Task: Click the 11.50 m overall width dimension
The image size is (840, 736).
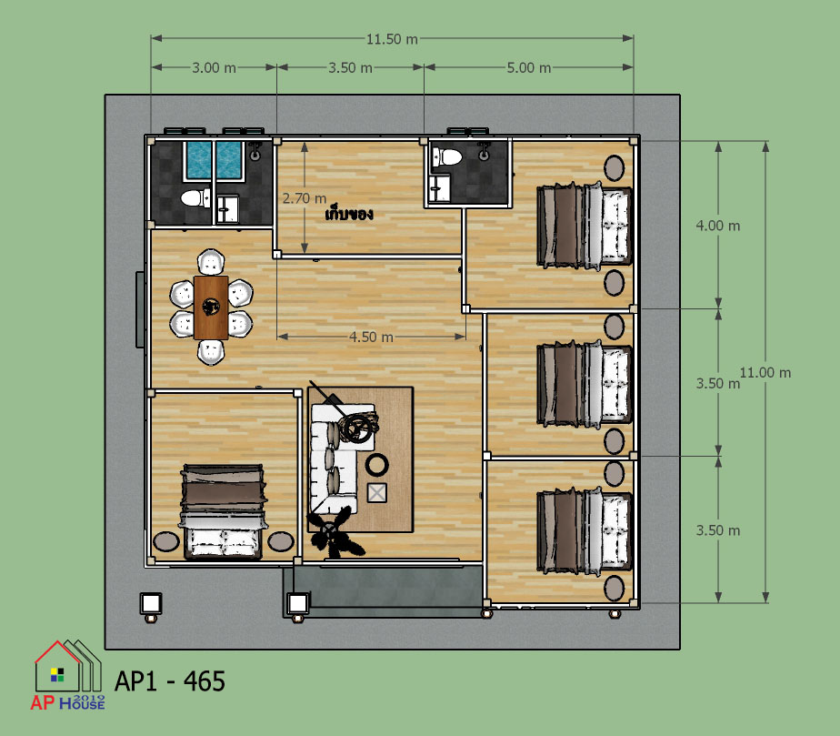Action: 392,39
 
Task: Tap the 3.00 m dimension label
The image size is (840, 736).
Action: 215,68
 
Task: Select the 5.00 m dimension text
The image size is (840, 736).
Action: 529,68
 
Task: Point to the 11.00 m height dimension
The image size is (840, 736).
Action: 765,373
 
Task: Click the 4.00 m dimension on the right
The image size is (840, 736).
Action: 718,226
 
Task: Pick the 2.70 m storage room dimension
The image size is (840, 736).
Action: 305,198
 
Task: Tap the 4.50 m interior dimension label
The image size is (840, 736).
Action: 371,338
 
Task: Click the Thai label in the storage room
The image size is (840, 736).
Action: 349,215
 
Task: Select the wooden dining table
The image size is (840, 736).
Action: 211,308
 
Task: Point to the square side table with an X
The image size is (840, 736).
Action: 376,492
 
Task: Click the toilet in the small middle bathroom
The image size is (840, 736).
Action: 446,157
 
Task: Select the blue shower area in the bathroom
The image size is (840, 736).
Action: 214,160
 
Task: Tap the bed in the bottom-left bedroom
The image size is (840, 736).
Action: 223,512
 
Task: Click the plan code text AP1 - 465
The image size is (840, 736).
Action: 170,681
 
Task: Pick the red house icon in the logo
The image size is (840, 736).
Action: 57,665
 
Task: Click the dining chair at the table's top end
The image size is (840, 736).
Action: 211,262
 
